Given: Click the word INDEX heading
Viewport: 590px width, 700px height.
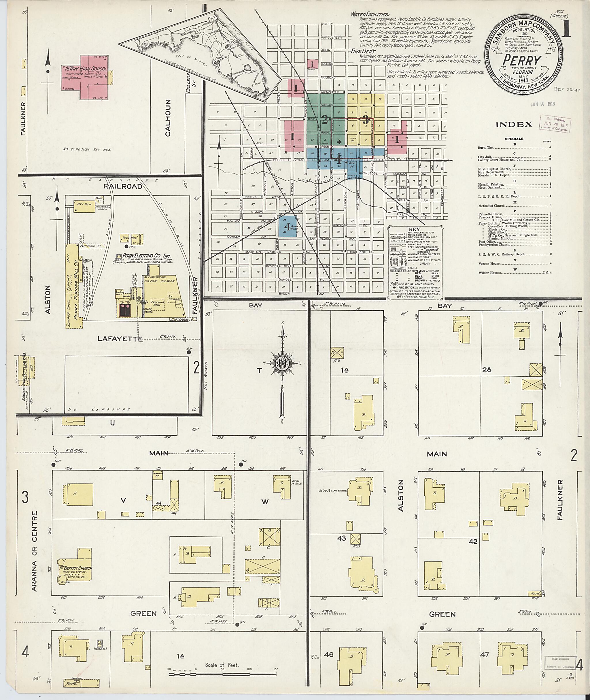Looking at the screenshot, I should click(514, 125).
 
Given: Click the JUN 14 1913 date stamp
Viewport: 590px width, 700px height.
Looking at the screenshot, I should click(542, 104).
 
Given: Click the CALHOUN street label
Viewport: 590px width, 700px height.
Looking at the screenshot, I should click(168, 118).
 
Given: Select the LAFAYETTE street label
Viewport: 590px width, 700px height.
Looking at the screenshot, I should click(120, 339).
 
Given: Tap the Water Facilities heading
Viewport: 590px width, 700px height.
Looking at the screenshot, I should click(370, 14).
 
